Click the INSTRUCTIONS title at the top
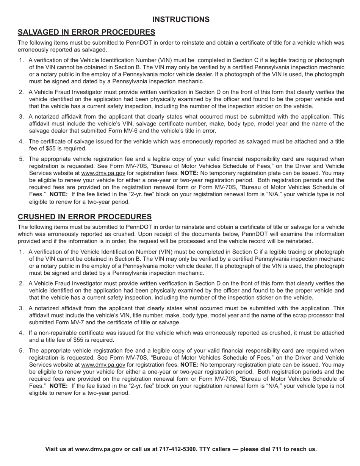pos(181,19)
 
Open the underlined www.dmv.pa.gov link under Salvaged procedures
pos(103,173)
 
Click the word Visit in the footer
pos(52,449)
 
